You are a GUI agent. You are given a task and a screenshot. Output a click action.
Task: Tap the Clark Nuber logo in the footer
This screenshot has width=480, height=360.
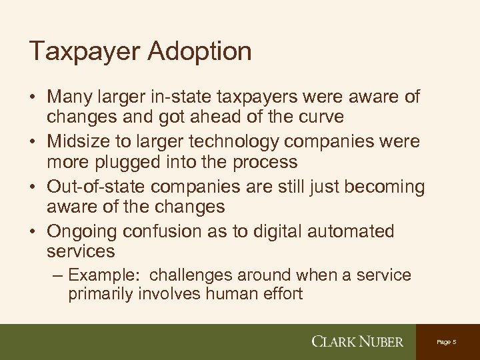click(x=358, y=341)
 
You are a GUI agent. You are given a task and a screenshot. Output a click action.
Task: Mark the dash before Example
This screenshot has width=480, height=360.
click(x=57, y=275)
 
